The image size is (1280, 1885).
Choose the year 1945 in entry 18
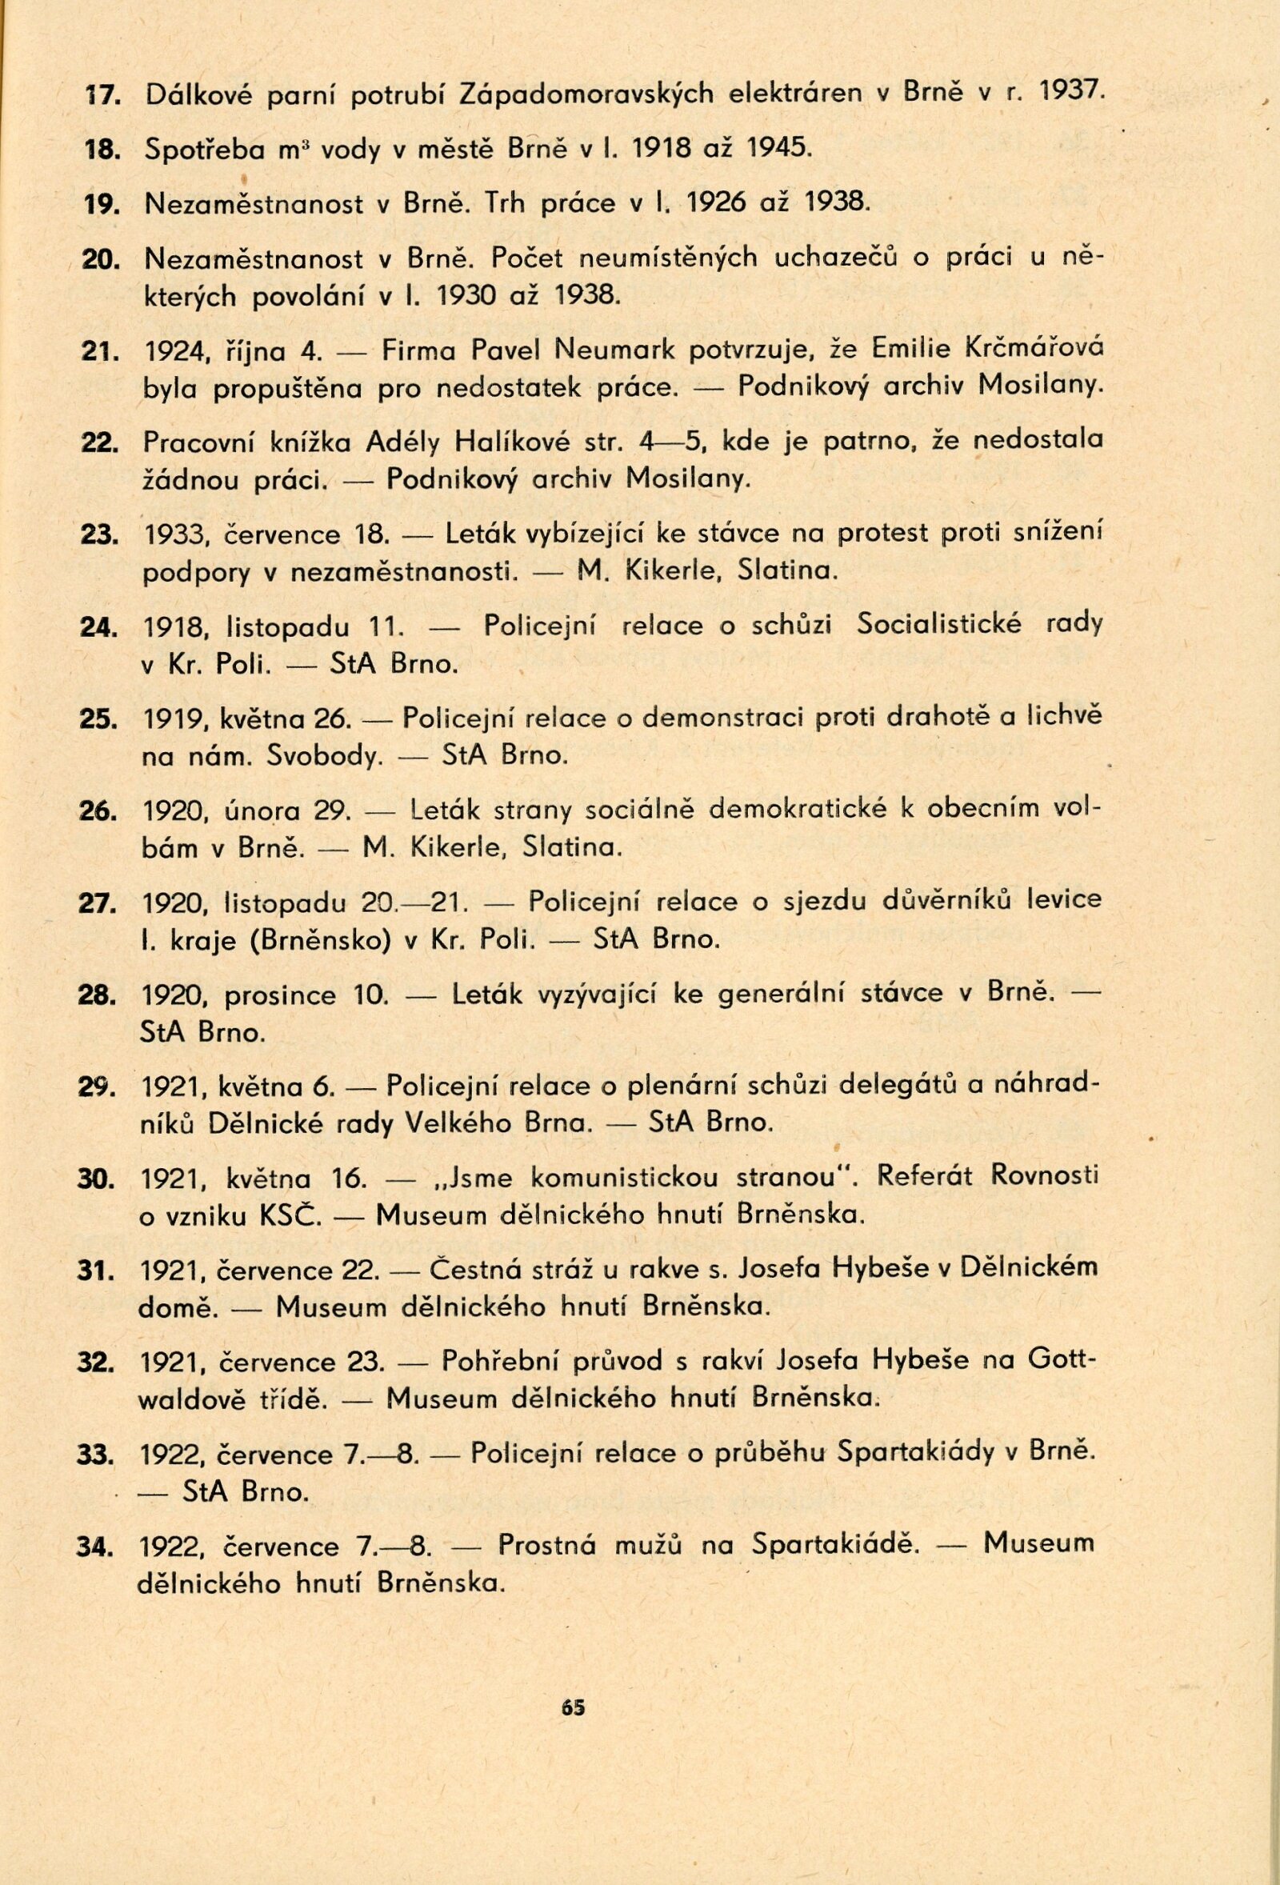click(x=775, y=149)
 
